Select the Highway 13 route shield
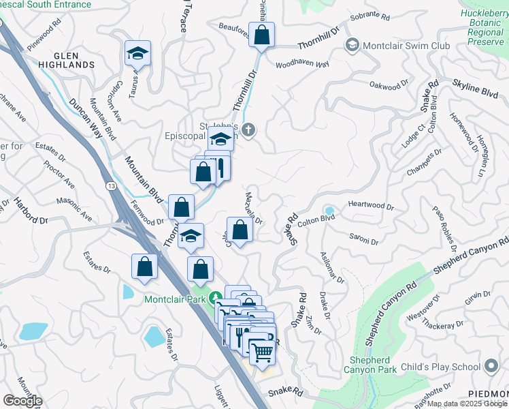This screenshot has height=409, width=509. [x=110, y=185]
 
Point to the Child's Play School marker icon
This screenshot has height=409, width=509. [x=491, y=367]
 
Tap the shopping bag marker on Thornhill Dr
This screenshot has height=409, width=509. [x=261, y=35]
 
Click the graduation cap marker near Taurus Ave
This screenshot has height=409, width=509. [x=137, y=54]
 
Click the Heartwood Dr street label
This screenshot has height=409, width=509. [x=371, y=205]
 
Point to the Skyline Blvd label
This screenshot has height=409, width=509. [x=475, y=90]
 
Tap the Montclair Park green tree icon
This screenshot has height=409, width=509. [x=216, y=297]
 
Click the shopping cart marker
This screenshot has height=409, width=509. [x=262, y=351]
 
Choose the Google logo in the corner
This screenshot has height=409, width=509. [x=22, y=401]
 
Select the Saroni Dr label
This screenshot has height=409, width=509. [x=363, y=240]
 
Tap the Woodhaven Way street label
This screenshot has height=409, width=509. [x=302, y=65]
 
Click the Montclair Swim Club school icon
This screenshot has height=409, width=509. [x=352, y=46]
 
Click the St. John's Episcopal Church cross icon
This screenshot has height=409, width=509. [x=249, y=130]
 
